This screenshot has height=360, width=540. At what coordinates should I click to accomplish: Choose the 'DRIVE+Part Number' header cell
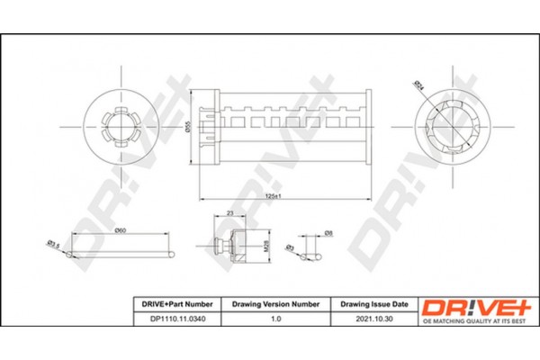[175, 305]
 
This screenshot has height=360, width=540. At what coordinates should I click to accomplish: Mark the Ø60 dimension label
[120, 230]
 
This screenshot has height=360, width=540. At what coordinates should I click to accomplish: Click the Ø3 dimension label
[290, 246]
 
